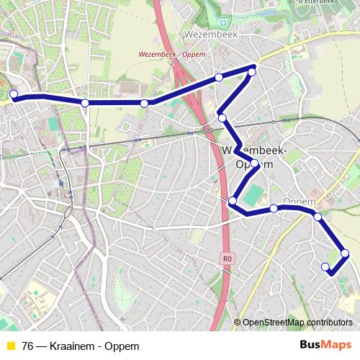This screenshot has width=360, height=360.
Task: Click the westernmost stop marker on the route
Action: (13, 94)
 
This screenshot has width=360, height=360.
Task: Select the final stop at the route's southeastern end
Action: (325, 267)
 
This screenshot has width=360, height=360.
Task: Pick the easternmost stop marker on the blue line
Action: (345, 253)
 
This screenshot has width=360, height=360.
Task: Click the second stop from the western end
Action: (85, 104)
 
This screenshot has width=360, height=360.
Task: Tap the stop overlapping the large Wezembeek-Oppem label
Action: (254, 164)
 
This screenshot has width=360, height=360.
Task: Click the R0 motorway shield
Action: (228, 258)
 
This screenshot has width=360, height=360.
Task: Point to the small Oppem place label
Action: (296, 200)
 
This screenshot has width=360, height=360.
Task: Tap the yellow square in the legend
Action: (10, 346)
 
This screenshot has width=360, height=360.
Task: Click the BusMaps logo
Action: (325, 345)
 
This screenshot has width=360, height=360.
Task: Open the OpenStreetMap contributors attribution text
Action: (297, 322)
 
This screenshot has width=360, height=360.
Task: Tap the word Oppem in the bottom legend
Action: (122, 346)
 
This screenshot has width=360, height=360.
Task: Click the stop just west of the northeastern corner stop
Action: (218, 77)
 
